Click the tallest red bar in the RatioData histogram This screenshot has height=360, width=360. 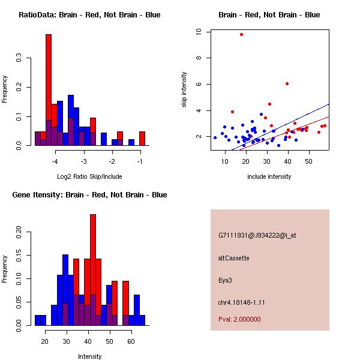click(x=49, y=90)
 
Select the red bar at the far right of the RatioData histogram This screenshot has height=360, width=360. click(x=142, y=139)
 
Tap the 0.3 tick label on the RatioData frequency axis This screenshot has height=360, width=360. click(x=19, y=58)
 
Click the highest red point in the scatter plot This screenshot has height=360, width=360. click(x=241, y=34)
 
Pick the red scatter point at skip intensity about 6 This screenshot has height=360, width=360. click(x=287, y=83)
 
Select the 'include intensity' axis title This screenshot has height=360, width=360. click(x=269, y=176)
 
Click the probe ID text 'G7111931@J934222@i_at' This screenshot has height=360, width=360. click(x=257, y=235)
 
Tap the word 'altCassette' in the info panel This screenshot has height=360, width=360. click(x=234, y=258)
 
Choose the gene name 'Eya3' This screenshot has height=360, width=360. click(x=226, y=280)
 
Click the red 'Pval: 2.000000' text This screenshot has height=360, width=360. click(x=239, y=319)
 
